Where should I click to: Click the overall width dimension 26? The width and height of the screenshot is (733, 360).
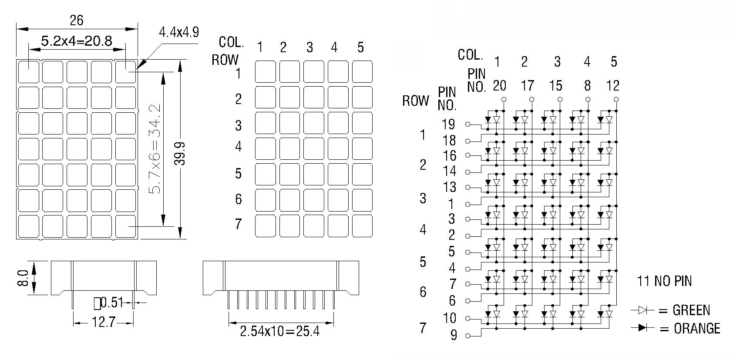pyautogui.click(x=77, y=20)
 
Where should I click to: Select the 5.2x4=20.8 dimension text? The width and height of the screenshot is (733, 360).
pyautogui.click(x=77, y=41)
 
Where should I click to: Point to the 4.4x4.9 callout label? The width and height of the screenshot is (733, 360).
pyautogui.click(x=178, y=32)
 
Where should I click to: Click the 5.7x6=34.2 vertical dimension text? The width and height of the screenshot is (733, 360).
pyautogui.click(x=155, y=149)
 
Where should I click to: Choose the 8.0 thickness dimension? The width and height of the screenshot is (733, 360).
pyautogui.click(x=23, y=278)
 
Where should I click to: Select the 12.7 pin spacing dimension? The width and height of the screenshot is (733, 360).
pyautogui.click(x=104, y=323)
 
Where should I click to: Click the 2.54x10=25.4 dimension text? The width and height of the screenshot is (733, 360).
pyautogui.click(x=279, y=331)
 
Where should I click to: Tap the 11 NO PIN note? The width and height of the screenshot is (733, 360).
pyautogui.click(x=664, y=281)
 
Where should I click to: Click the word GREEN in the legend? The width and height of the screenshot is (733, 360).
pyautogui.click(x=691, y=310)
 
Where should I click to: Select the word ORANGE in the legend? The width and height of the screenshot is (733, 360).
pyautogui.click(x=697, y=328)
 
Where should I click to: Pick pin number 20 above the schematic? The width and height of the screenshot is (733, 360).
pyautogui.click(x=499, y=86)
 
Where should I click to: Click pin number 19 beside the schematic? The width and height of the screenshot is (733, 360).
pyautogui.click(x=448, y=124)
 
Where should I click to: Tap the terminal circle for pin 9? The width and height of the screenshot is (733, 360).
pyautogui.click(x=467, y=336)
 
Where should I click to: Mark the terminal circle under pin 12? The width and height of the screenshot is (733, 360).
pyautogui.click(x=616, y=99)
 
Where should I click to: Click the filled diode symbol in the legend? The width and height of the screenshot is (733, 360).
pyautogui.click(x=642, y=327)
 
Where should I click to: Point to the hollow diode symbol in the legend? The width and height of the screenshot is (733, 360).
pyautogui.click(x=642, y=310)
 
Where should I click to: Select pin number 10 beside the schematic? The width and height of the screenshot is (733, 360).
pyautogui.click(x=449, y=318)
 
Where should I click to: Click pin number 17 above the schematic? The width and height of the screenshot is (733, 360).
pyautogui.click(x=527, y=86)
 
